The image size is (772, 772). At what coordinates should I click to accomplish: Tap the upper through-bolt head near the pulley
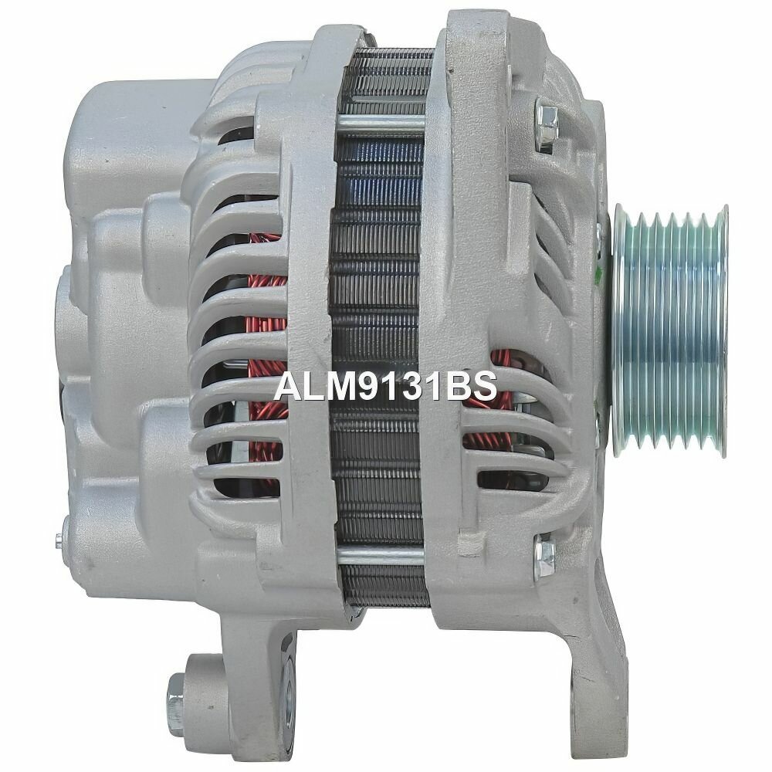click(x=546, y=124)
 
